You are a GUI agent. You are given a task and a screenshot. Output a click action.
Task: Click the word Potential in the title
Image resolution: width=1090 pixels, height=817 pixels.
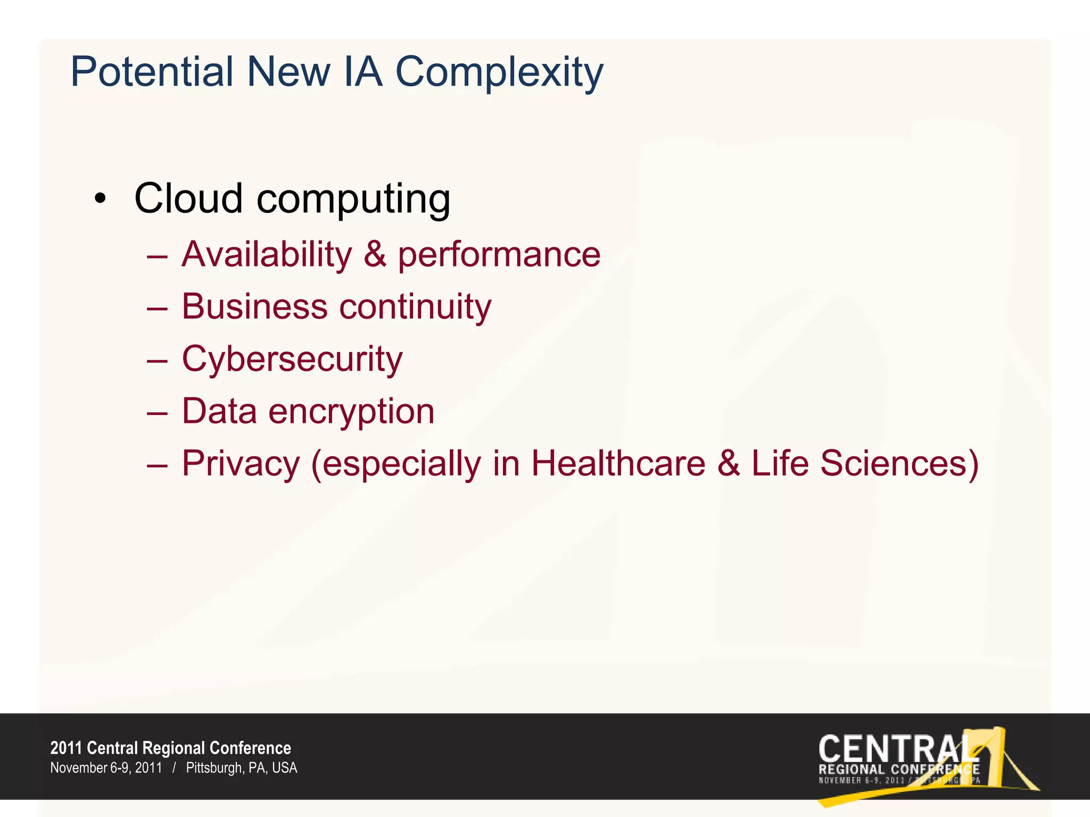[x=152, y=72]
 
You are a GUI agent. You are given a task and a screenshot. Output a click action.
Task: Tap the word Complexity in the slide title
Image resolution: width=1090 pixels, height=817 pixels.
[x=499, y=73]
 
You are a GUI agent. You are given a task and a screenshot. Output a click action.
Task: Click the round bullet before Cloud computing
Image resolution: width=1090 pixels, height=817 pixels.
[x=100, y=199]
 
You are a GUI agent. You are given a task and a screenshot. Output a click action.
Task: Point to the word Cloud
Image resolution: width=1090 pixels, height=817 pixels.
[x=188, y=198]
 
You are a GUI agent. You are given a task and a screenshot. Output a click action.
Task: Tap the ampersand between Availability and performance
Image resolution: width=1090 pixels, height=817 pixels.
[x=375, y=254]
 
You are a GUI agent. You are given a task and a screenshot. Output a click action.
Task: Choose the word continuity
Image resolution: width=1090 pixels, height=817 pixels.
[x=415, y=307]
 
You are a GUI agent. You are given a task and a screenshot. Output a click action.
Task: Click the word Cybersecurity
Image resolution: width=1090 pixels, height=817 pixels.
[x=292, y=360]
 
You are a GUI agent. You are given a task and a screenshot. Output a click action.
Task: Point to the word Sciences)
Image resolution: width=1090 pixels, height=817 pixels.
[x=899, y=463]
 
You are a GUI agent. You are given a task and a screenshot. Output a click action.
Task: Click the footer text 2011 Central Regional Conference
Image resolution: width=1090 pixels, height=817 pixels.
[x=171, y=748]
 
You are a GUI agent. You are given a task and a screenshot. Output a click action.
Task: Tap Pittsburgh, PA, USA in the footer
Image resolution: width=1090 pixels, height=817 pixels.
[x=242, y=768]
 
